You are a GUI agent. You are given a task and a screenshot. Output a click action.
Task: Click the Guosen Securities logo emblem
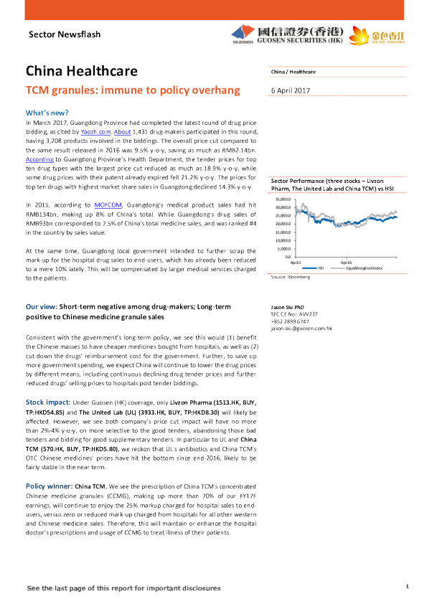pyautogui.click(x=240, y=33)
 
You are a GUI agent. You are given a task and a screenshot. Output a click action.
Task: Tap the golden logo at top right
pyautogui.click(x=388, y=34)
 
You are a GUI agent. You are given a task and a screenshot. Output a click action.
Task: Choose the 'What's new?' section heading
pyautogui.click(x=47, y=113)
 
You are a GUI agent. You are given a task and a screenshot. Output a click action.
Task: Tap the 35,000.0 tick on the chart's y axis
pyautogui.click(x=281, y=199)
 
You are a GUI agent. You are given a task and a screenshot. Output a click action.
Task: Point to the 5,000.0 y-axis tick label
pyautogui.click(x=282, y=248)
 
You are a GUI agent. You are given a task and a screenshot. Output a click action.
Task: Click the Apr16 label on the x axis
pyautogui.click(x=346, y=263)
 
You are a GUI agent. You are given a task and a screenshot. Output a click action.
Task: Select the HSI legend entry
pyautogui.click(x=321, y=268)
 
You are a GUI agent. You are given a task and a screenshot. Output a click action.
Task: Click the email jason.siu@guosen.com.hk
pyautogui.click(x=301, y=328)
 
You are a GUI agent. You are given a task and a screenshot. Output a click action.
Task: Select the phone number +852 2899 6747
pyautogui.click(x=291, y=321)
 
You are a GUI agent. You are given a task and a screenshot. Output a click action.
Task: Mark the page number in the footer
pyautogui.click(x=407, y=588)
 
